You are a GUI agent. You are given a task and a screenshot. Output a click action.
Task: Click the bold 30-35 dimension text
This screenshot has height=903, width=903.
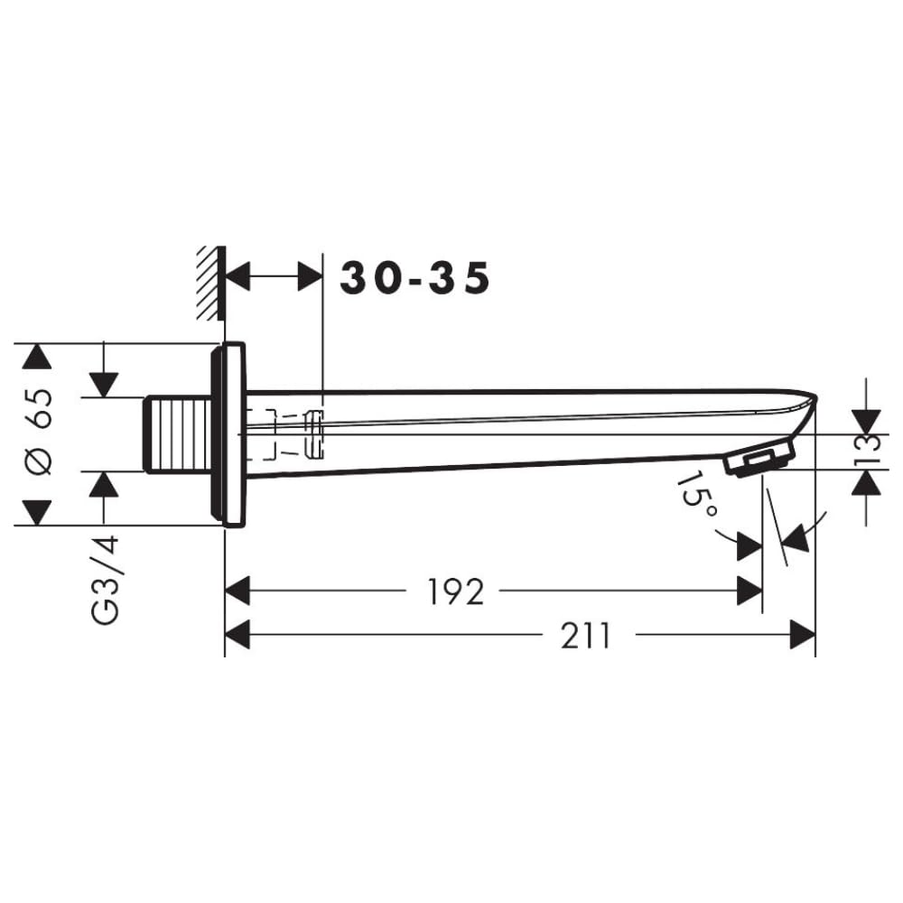(415, 278)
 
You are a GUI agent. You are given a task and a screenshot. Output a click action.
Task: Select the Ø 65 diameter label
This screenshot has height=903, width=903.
(39, 432)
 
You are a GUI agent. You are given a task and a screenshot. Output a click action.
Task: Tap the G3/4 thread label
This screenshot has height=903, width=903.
(105, 580)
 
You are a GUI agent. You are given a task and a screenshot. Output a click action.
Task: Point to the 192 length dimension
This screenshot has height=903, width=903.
(455, 591)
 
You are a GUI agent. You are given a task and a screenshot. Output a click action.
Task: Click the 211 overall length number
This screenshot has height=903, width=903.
(586, 636)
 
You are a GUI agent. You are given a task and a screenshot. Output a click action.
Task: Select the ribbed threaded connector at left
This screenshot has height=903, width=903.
(178, 435)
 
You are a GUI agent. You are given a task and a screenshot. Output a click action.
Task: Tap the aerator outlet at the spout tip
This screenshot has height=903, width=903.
(760, 459)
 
